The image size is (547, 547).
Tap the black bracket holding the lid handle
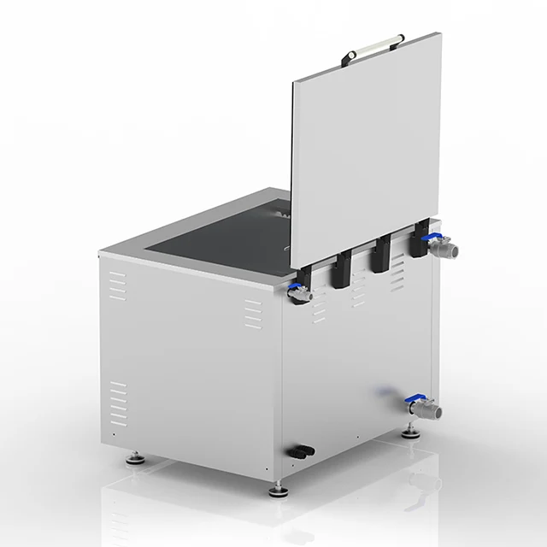(350, 57)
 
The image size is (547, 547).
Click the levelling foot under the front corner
(278, 490)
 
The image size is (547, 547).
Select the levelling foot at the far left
(135, 459)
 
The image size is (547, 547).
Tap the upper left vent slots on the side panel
(118, 286)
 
